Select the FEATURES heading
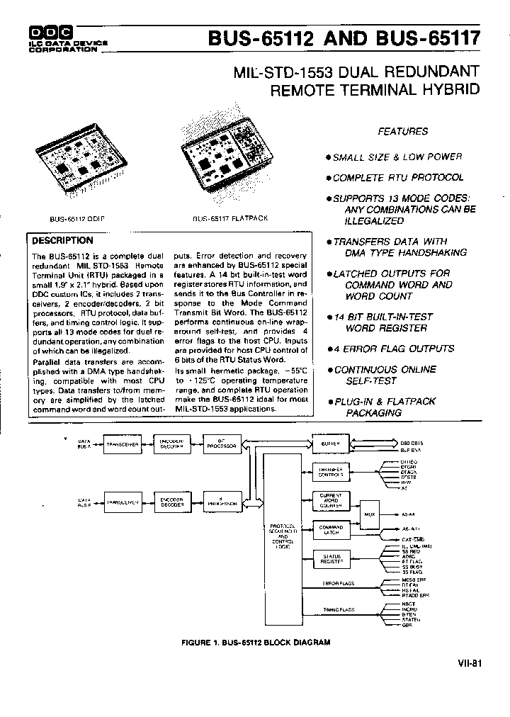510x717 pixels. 402,131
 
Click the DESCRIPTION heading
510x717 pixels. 63,240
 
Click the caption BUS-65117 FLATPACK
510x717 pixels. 230,218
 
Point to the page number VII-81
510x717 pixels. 470,663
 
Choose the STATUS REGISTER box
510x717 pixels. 331,560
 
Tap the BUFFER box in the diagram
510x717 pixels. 331,442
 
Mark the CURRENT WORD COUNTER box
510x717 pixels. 331,501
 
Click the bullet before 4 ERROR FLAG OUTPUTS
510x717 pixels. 329,349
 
